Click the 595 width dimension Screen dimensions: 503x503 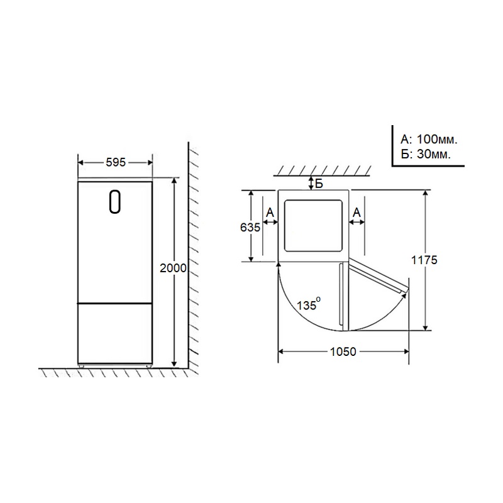(116, 163)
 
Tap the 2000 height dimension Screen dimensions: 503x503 (173, 268)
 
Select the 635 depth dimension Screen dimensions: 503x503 (250, 228)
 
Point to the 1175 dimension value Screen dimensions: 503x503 (424, 260)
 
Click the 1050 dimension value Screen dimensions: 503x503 (343, 352)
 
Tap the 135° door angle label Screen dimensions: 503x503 (308, 304)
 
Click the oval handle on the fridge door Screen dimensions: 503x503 (115, 202)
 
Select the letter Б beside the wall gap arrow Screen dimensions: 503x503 (319, 184)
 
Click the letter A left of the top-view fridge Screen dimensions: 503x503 (270, 213)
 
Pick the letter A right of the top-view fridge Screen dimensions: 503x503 (357, 213)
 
